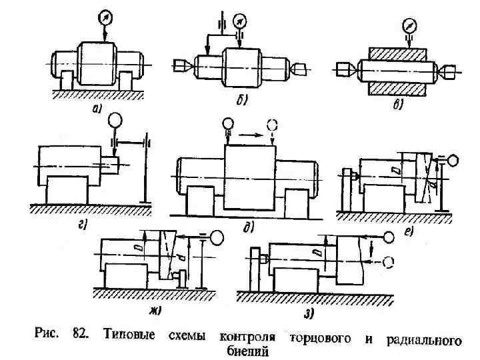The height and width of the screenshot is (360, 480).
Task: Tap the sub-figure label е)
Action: click(x=408, y=231)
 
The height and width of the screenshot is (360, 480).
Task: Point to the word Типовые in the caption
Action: click(x=129, y=335)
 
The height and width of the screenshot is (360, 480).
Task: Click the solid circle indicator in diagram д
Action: click(x=227, y=123)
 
